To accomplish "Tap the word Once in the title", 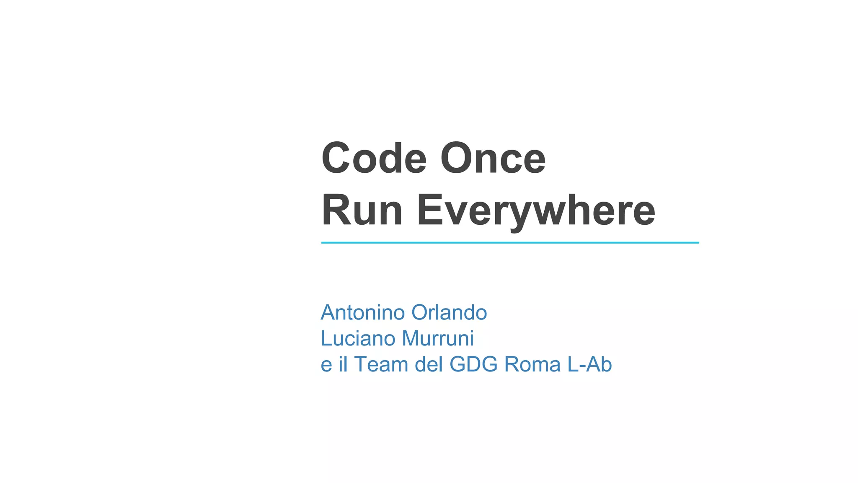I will click(493, 158).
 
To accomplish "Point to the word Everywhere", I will click(536, 211).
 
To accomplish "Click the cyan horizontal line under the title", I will click(510, 242).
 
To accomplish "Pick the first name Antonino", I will click(363, 312).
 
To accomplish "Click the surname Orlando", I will click(449, 312).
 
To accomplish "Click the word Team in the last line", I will click(381, 364).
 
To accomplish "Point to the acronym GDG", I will click(473, 364).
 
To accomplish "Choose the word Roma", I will click(532, 364).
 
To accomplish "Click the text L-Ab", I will click(589, 364).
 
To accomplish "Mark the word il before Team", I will click(343, 364).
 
